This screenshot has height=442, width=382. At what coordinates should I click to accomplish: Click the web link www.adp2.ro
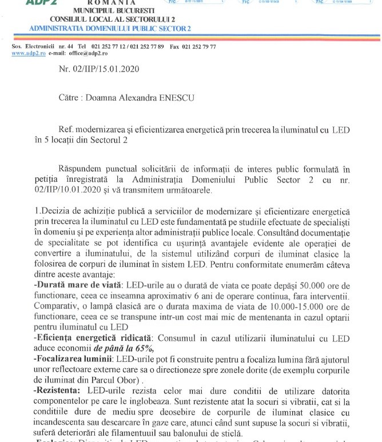(26, 53)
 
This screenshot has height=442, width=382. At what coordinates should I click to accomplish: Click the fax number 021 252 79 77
(197, 46)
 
